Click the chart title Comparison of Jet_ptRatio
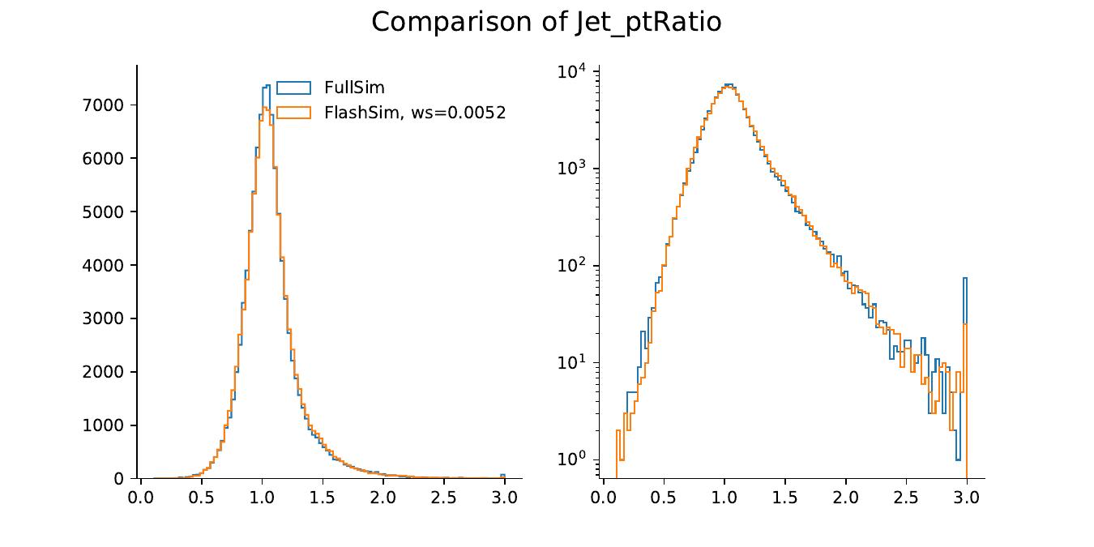(x=546, y=22)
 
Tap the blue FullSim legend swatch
(x=293, y=88)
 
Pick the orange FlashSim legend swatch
(x=293, y=113)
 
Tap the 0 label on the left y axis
(x=118, y=479)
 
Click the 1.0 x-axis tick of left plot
(x=262, y=496)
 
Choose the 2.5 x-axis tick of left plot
(x=443, y=496)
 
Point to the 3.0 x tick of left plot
(x=504, y=496)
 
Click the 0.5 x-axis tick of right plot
(x=664, y=496)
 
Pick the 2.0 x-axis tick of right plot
(x=845, y=496)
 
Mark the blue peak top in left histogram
(x=267, y=85)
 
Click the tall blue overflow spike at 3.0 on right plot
(x=964, y=279)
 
